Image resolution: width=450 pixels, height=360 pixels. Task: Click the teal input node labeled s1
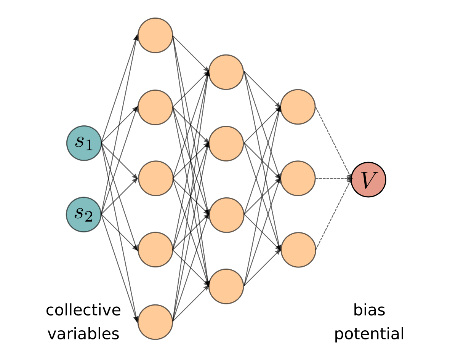click(x=84, y=143)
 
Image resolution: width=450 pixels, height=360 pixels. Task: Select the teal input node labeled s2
click(x=84, y=214)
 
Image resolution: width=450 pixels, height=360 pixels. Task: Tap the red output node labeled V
click(x=368, y=179)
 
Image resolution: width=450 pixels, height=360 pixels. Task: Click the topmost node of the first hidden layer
click(x=155, y=35)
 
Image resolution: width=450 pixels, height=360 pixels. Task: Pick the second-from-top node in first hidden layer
click(x=155, y=107)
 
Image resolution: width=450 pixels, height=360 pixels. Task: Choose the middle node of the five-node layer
click(x=155, y=178)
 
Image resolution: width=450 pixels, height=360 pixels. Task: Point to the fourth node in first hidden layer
click(x=155, y=250)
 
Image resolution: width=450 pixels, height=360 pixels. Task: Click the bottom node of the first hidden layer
click(x=155, y=322)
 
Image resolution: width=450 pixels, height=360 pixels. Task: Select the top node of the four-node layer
click(x=226, y=72)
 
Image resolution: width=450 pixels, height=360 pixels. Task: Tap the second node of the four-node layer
click(x=226, y=144)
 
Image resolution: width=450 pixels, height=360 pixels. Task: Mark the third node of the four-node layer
click(x=226, y=215)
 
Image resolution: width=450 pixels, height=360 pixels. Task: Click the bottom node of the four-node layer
click(x=226, y=286)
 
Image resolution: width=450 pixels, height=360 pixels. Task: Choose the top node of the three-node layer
click(x=298, y=107)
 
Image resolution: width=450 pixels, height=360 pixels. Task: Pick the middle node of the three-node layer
click(x=298, y=178)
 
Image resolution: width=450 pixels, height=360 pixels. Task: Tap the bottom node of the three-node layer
click(x=298, y=250)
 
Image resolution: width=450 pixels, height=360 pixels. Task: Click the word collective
click(x=83, y=310)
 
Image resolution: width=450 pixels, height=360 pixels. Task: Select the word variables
click(x=83, y=334)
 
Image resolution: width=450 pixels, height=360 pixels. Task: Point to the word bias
click(x=369, y=310)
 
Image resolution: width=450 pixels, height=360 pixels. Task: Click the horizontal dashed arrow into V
click(x=332, y=178)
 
